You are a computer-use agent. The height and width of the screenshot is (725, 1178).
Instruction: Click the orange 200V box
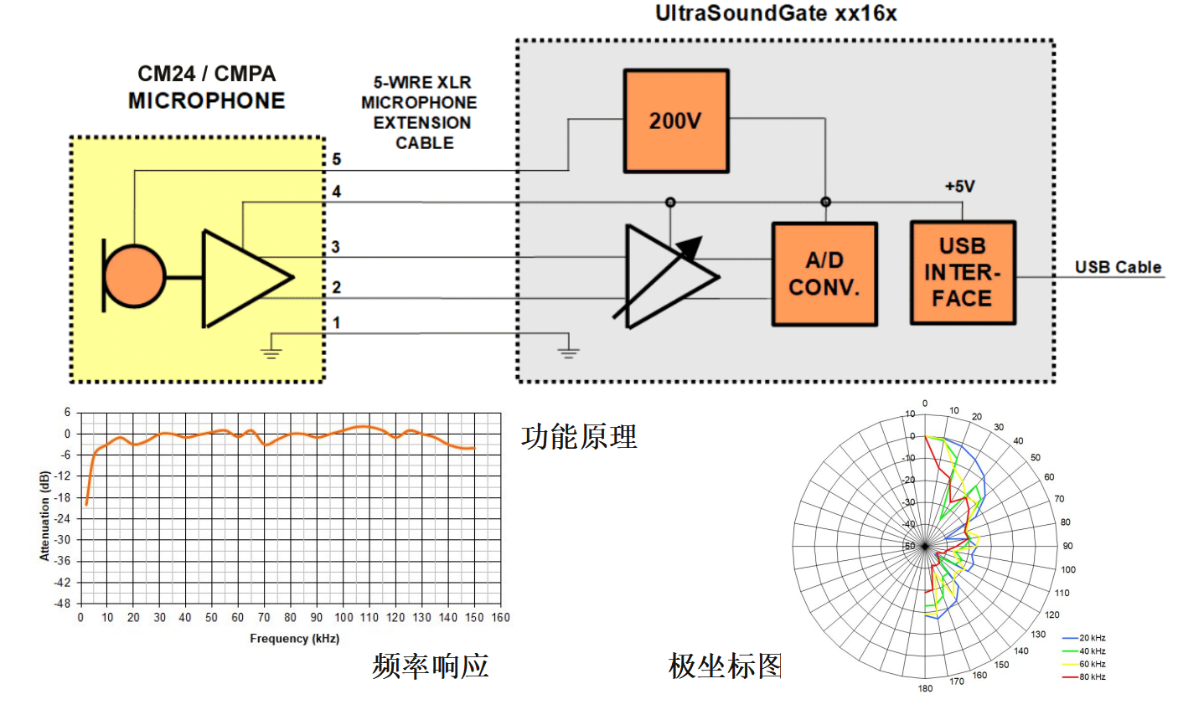675,121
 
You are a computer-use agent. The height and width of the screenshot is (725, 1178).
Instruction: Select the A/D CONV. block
824,274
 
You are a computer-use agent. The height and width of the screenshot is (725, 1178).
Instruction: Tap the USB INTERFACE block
962,272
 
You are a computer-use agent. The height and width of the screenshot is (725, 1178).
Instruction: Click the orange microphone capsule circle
135,276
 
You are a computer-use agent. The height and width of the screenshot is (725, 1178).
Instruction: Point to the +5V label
959,186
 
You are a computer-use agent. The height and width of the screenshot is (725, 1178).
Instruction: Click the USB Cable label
1118,267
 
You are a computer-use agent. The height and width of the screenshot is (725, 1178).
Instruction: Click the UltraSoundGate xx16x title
776,13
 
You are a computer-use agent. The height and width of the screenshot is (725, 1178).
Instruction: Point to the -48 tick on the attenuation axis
63,603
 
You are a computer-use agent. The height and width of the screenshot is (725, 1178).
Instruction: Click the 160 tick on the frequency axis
500,618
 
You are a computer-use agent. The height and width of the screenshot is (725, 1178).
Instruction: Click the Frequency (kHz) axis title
294,639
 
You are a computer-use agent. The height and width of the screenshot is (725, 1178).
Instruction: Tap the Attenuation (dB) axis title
45,515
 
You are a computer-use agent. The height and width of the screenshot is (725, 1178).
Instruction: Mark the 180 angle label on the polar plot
925,689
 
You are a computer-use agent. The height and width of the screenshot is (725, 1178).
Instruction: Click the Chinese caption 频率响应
430,666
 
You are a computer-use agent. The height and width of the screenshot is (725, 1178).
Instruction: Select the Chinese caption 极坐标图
725,666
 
